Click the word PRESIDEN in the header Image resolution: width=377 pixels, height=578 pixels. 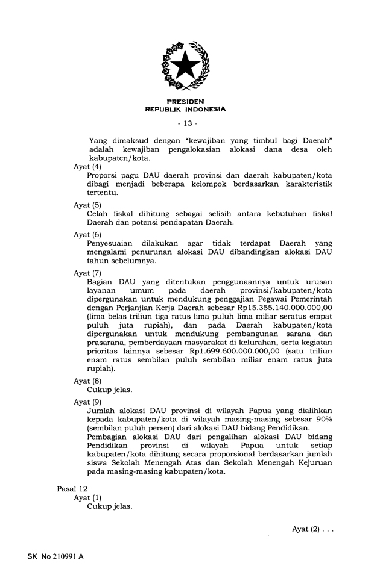point(186,102)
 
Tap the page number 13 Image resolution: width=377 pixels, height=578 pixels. point(187,124)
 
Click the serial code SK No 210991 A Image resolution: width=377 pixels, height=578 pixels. point(55,557)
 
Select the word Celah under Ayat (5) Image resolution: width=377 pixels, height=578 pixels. point(100,214)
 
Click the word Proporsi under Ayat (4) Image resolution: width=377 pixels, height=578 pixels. point(106,175)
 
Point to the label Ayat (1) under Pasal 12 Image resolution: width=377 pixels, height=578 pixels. point(87,498)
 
